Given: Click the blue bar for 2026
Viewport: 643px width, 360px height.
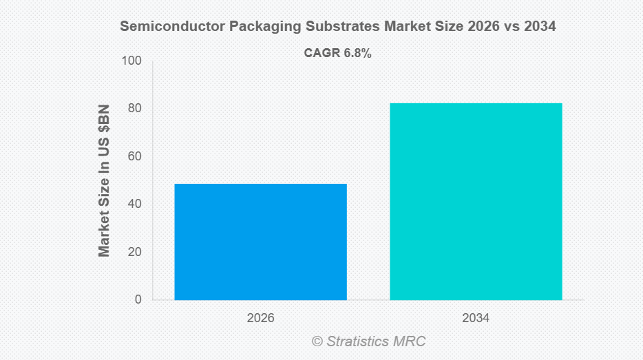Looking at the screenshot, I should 260,242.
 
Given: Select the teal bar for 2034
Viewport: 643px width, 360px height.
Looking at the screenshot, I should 476,201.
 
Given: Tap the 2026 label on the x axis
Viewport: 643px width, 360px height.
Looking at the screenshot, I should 260,319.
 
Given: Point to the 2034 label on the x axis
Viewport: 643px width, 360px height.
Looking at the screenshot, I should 476,319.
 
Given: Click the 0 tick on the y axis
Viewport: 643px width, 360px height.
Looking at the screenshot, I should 138,299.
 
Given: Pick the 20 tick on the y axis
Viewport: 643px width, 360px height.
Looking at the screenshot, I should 134,252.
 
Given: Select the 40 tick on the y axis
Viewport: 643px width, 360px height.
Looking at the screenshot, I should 134,204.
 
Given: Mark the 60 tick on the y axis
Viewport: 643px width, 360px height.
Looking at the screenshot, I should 134,156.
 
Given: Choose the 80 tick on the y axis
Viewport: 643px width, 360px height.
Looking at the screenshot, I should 134,108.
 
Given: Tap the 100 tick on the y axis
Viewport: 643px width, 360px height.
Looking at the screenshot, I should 131,61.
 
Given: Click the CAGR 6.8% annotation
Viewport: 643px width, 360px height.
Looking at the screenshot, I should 337,54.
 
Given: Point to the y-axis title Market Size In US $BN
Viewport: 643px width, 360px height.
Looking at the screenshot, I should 105,181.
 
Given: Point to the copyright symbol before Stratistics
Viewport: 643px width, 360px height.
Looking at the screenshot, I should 317,341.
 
